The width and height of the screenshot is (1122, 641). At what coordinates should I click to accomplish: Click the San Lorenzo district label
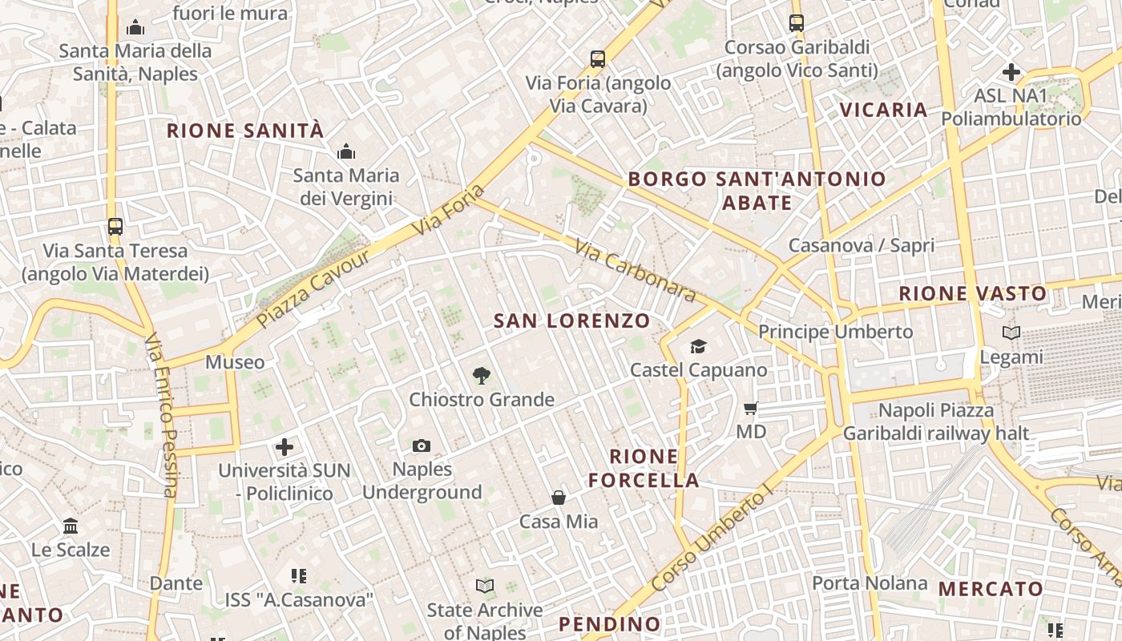pos(571,321)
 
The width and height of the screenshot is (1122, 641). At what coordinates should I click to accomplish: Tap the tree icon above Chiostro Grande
pos(481,374)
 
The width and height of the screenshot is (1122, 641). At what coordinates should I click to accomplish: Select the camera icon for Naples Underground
pos(422,445)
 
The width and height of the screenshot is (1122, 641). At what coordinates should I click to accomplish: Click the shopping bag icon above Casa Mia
pos(559,498)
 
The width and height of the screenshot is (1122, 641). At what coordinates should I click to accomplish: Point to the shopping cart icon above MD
pos(751,409)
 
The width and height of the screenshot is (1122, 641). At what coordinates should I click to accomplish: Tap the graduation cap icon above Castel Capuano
pos(699,346)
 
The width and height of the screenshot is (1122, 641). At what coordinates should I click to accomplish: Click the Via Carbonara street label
pos(636,272)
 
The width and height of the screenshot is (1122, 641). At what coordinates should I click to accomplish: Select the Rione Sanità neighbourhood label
pos(245,131)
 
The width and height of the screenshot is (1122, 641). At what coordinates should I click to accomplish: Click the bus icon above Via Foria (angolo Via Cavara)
pos(598,58)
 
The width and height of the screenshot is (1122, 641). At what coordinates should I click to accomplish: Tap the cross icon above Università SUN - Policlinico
pos(285,446)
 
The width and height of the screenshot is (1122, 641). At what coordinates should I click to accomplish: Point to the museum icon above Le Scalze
pos(71,526)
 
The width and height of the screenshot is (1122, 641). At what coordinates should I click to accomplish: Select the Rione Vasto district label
pos(972,293)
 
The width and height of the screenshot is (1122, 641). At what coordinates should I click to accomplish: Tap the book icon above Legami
pos(1011,333)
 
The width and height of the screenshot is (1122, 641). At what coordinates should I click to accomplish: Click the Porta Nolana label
pos(870,583)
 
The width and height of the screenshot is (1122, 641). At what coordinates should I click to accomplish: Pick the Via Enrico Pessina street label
pos(160,415)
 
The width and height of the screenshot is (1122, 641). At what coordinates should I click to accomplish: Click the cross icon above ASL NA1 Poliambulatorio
pos(1011,72)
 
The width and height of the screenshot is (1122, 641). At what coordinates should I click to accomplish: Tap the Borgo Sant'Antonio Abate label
pos(757,191)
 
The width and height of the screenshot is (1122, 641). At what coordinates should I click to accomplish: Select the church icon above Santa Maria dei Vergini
pos(346,151)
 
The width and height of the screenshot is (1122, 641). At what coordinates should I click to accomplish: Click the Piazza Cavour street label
pos(315,288)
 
